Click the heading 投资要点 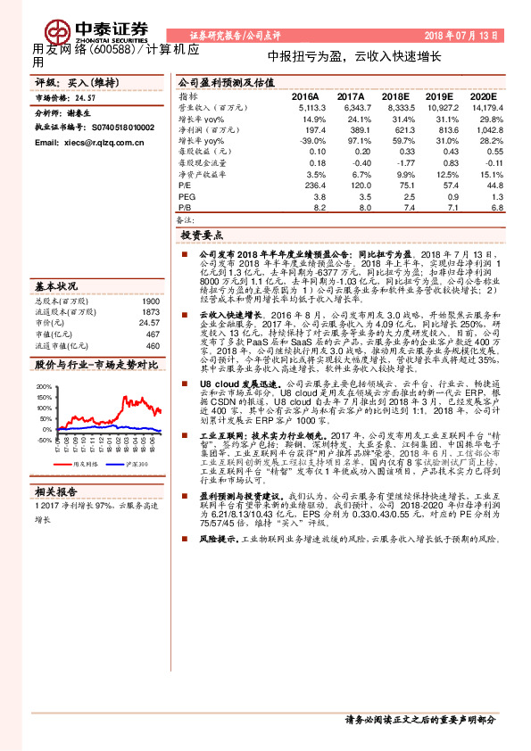tap(203, 236)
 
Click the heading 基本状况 tap(56, 286)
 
